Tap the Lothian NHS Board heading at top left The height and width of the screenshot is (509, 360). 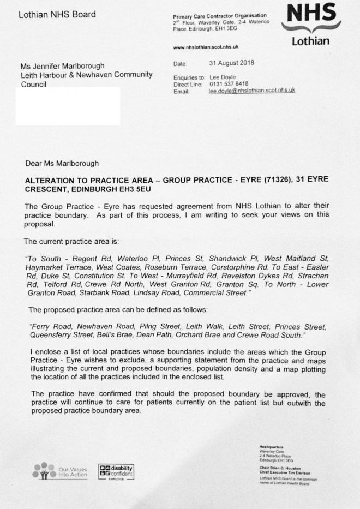click(x=57, y=14)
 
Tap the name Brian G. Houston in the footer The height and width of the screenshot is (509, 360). click(x=284, y=467)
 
